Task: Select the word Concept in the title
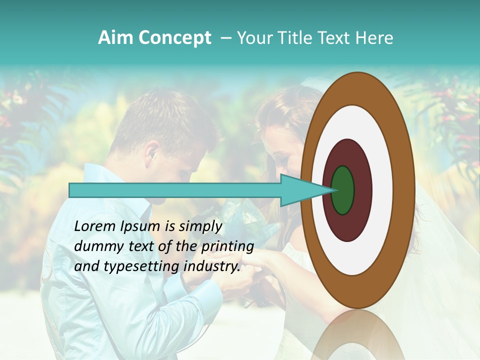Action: click(174, 38)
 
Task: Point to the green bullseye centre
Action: click(342, 190)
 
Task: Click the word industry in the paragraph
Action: click(212, 267)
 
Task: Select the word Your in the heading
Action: click(252, 38)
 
